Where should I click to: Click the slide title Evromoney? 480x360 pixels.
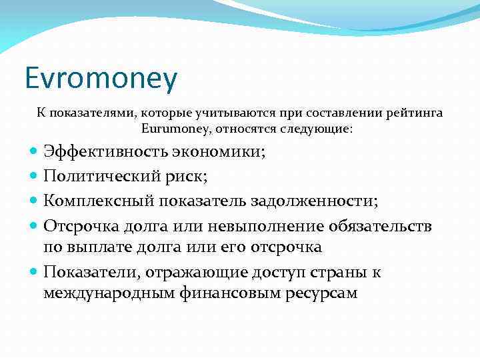101,79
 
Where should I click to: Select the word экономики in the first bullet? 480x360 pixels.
217,151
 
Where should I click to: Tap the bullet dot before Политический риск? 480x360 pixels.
35,177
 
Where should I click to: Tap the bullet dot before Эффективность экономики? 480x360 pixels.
35,152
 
